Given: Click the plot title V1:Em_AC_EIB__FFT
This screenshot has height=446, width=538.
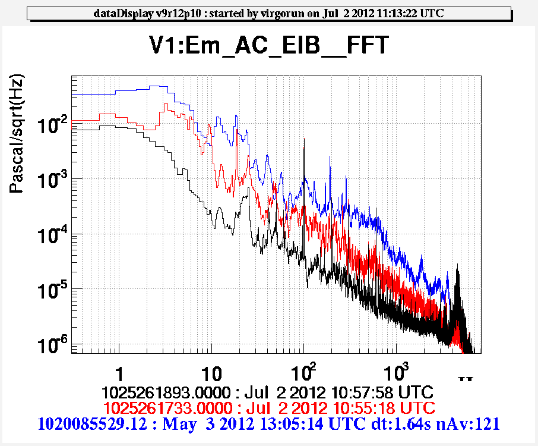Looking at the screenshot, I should pos(268,45).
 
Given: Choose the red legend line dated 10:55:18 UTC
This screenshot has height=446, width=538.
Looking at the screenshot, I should pos(268,408).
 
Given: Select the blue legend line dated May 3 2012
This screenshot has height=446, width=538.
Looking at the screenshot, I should pos(268,423).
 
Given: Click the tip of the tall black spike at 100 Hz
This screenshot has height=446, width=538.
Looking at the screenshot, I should pos(304,139).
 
